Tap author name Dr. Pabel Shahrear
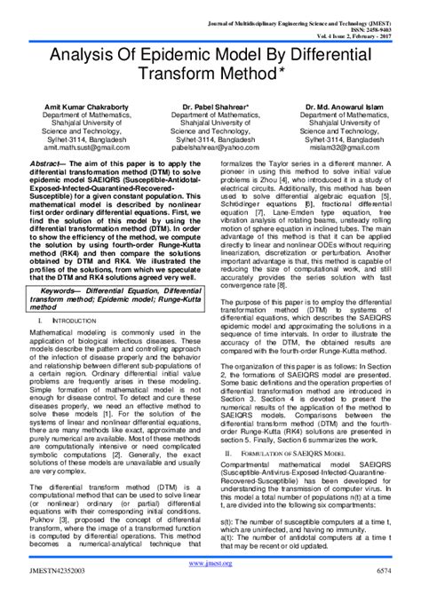[210, 105]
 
